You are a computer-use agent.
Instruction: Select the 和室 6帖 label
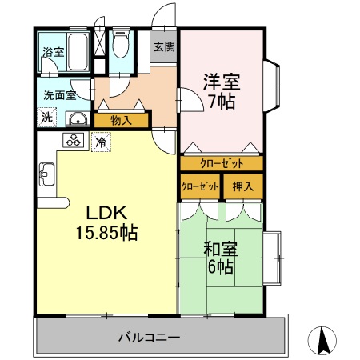[220, 258]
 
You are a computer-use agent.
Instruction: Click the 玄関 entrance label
[164, 46]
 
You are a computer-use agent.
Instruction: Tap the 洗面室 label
[59, 94]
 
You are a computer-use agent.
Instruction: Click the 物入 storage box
[122, 121]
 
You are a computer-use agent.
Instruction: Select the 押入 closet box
[242, 187]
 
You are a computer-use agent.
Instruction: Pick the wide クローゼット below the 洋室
[221, 162]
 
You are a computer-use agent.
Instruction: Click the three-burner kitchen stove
[74, 142]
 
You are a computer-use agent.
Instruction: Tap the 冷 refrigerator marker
[101, 142]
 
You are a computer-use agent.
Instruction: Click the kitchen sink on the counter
[46, 172]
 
